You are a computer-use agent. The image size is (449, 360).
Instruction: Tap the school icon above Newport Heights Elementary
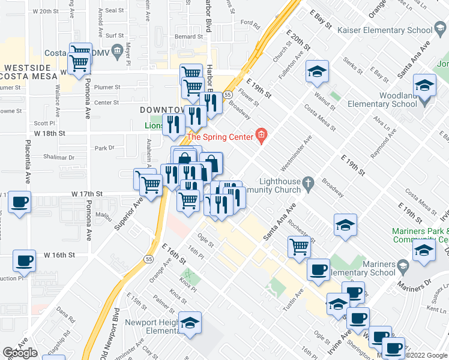(190, 323)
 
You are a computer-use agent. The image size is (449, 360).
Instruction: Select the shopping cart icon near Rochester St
(299, 245)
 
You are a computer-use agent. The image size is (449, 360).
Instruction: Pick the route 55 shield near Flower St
(228, 95)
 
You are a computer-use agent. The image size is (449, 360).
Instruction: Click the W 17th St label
(88, 194)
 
